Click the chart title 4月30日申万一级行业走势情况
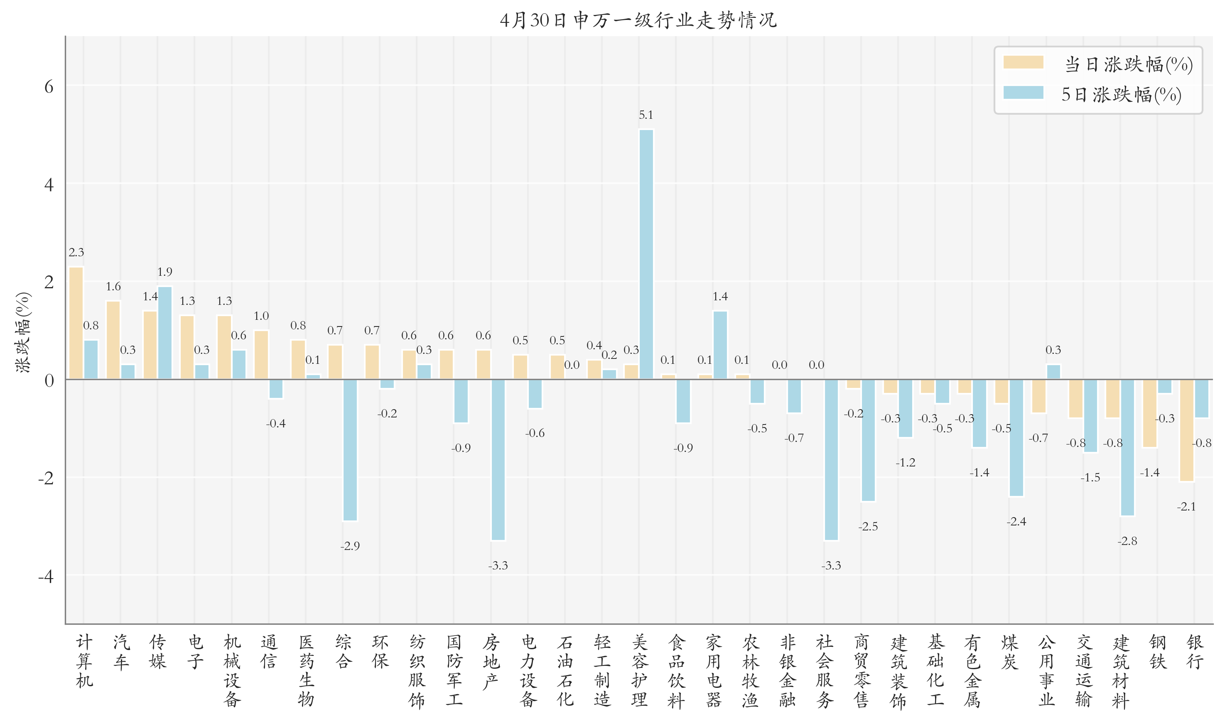638,20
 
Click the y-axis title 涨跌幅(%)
23,332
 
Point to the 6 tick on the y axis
49,87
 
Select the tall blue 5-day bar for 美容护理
646,254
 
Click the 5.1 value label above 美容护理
646,115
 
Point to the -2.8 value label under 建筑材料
1127,541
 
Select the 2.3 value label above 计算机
76,253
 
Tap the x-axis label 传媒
158,652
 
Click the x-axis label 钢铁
1157,652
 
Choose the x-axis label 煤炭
1009,652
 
